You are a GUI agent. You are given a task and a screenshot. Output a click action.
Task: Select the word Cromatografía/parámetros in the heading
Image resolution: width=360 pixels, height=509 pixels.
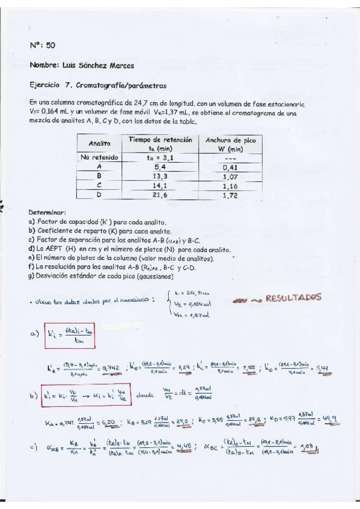pos(124,85)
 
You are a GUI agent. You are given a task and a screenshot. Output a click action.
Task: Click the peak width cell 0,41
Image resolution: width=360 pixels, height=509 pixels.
pos(231,167)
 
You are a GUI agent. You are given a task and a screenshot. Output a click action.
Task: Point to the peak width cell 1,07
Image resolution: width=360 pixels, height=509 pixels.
pos(231,176)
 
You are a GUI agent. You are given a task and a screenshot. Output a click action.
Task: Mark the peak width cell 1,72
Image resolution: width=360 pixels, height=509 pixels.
pos(231,196)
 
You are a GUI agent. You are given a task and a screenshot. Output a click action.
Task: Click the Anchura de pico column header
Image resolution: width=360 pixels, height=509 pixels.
pos(231,143)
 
